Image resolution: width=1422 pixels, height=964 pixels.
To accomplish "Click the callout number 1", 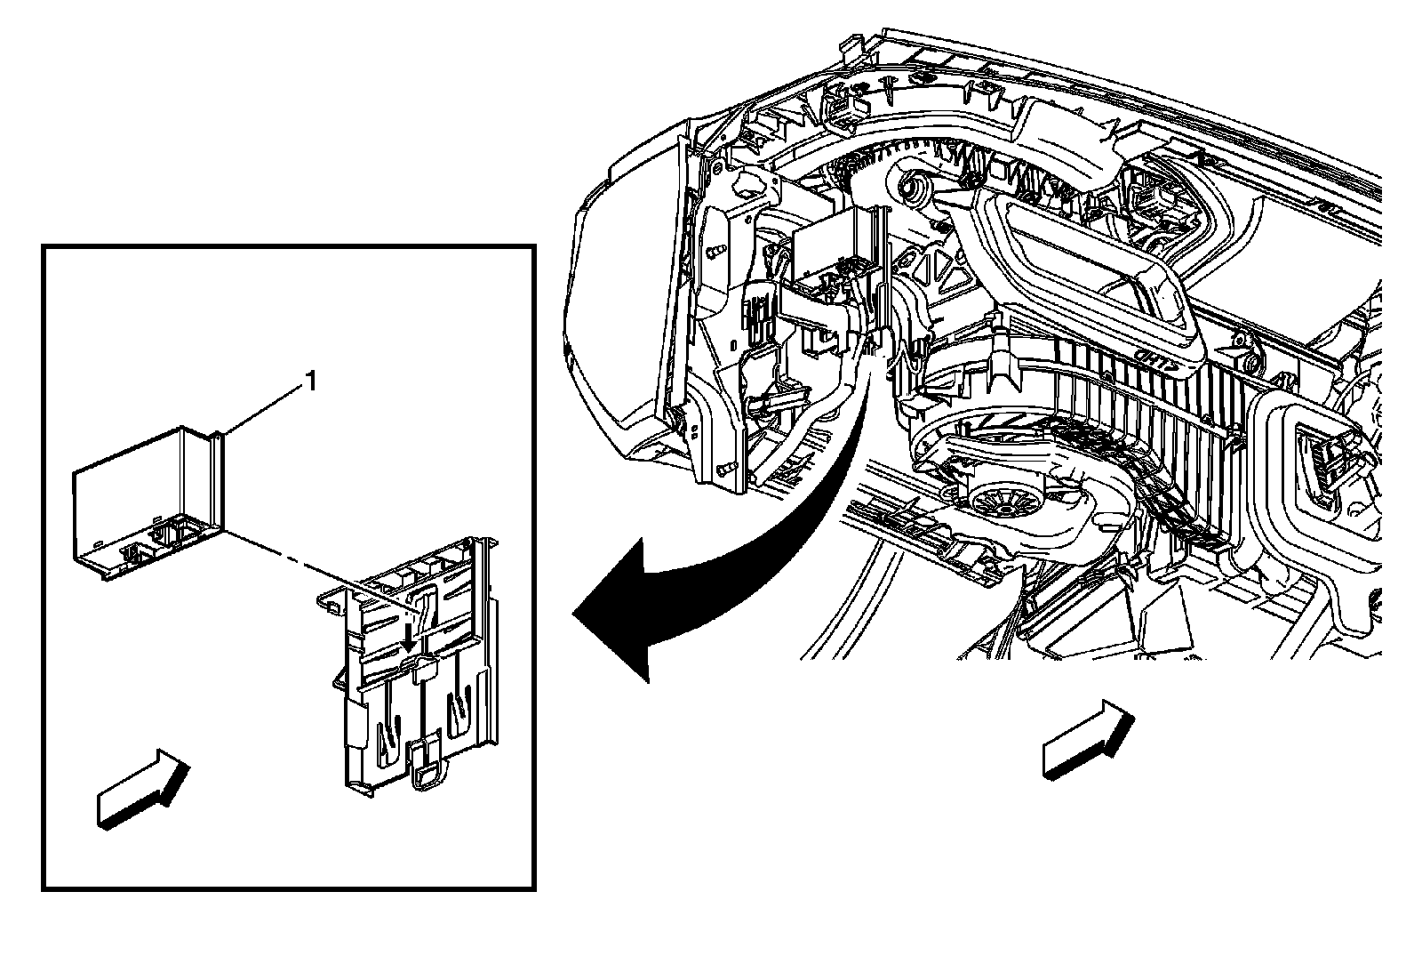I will coord(311,382).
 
